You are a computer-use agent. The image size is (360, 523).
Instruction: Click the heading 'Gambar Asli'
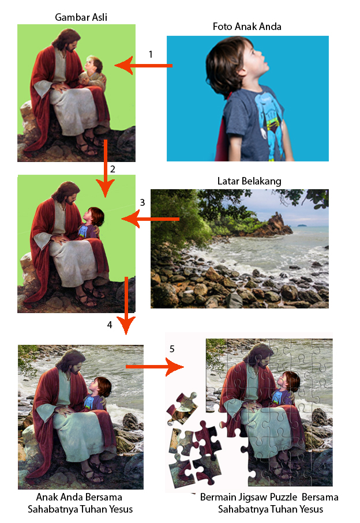click(81, 17)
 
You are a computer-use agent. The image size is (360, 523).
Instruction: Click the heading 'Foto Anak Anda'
click(247, 27)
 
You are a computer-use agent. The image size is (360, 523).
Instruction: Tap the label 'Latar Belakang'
click(249, 181)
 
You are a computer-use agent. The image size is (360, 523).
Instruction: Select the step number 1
click(151, 54)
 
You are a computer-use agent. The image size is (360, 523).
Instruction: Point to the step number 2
click(112, 169)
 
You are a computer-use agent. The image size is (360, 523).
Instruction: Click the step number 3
click(142, 202)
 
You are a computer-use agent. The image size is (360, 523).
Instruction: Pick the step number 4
click(110, 325)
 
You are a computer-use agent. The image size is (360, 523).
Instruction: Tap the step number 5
click(172, 349)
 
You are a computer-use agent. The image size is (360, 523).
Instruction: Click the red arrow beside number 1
click(144, 66)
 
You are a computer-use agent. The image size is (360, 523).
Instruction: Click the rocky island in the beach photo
click(271, 225)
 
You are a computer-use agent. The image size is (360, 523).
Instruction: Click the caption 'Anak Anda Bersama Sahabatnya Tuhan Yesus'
click(80, 503)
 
